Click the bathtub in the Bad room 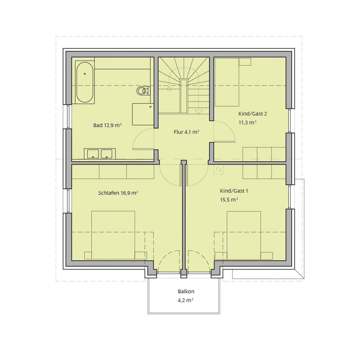coord(85,82)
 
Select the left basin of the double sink coord(93,154)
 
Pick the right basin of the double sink coord(107,154)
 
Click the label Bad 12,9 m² coord(107,125)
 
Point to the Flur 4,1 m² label coord(186,132)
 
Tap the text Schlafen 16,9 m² coord(118,193)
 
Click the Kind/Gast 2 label coord(253,114)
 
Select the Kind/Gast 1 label coord(234,191)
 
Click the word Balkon coord(186,291)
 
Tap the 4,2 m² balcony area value coord(185,300)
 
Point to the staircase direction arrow coord(199,112)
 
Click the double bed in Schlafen coord(113,235)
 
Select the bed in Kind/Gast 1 coord(244,235)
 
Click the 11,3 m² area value coord(248,122)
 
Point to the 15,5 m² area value coord(229,199)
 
